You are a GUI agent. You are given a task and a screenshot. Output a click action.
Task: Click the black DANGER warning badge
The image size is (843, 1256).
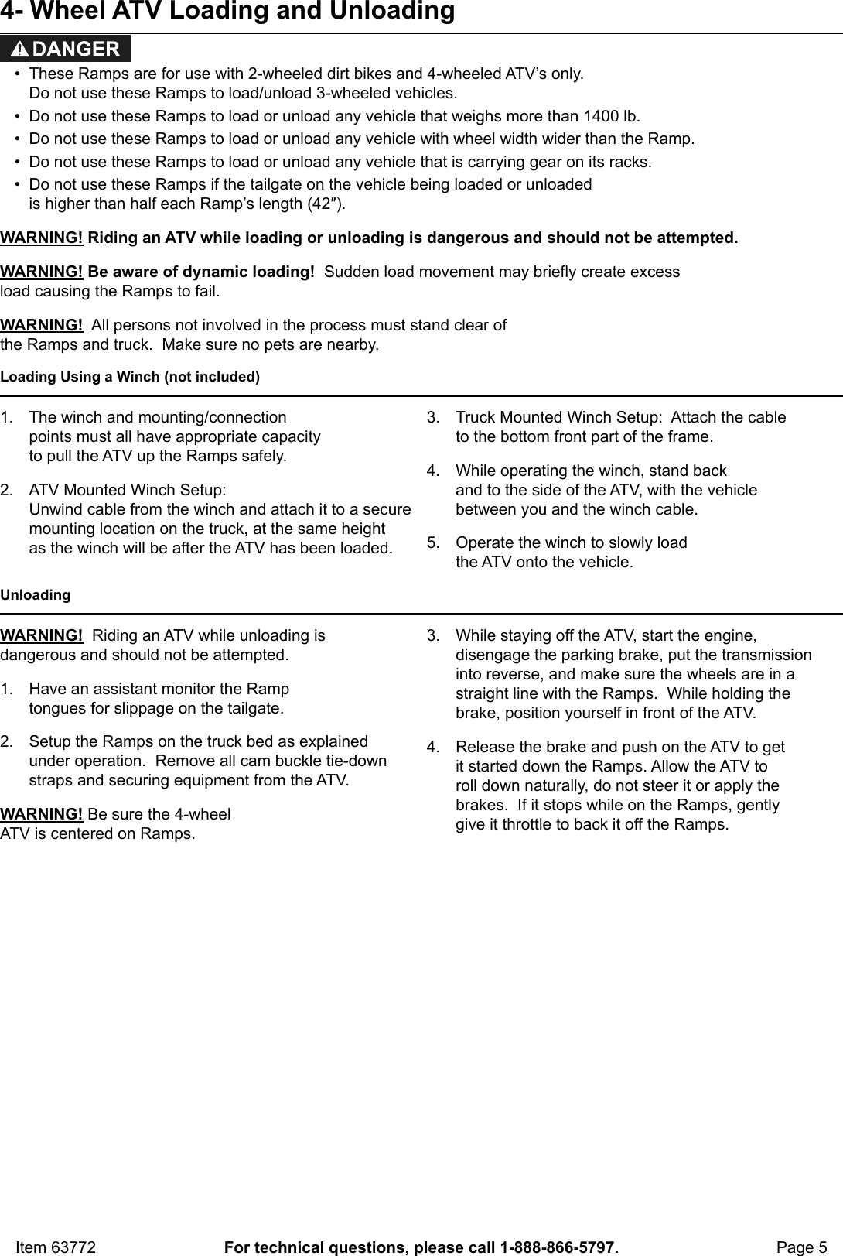(x=66, y=49)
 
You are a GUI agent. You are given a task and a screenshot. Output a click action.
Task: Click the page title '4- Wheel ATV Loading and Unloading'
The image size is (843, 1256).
(x=227, y=12)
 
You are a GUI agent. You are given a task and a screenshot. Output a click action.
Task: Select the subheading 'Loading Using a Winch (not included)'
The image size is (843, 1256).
(x=130, y=378)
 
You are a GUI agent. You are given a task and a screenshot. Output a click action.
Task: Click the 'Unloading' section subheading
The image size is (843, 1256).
(x=35, y=595)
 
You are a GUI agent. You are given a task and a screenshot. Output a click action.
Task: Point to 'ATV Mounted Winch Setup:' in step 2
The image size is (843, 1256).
(x=128, y=491)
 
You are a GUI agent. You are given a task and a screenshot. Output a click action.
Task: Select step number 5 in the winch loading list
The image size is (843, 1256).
(x=433, y=542)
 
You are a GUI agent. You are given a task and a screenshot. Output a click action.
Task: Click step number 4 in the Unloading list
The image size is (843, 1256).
(x=433, y=748)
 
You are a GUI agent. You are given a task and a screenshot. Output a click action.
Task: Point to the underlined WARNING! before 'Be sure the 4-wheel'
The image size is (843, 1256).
(x=42, y=815)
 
